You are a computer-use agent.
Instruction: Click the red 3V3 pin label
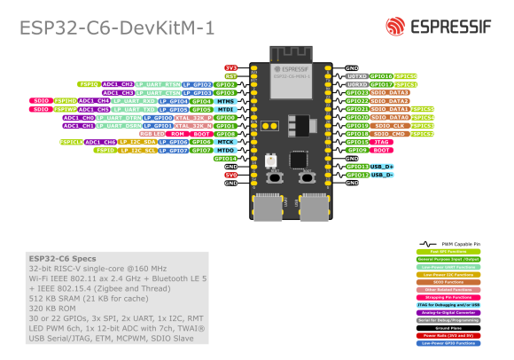[231, 67]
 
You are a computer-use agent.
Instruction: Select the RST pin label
[231, 76]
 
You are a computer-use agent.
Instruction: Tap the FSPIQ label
[89, 84]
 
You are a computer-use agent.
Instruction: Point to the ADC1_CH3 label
[118, 92]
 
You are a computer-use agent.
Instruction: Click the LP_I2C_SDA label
[138, 142]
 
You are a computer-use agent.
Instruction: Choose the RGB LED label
[152, 134]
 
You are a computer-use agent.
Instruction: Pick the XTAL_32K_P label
[193, 117]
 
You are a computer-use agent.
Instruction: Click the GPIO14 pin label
[225, 159]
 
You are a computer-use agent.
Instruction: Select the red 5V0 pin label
[231, 175]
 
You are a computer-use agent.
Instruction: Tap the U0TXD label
[356, 76]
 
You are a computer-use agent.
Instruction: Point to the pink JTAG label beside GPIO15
[382, 142]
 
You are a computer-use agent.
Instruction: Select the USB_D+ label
[382, 167]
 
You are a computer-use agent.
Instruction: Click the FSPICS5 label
[422, 109]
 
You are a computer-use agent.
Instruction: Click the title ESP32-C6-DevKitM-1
[117, 29]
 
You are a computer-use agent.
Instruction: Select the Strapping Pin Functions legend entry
[448, 297]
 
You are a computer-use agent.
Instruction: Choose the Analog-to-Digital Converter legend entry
[448, 312]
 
